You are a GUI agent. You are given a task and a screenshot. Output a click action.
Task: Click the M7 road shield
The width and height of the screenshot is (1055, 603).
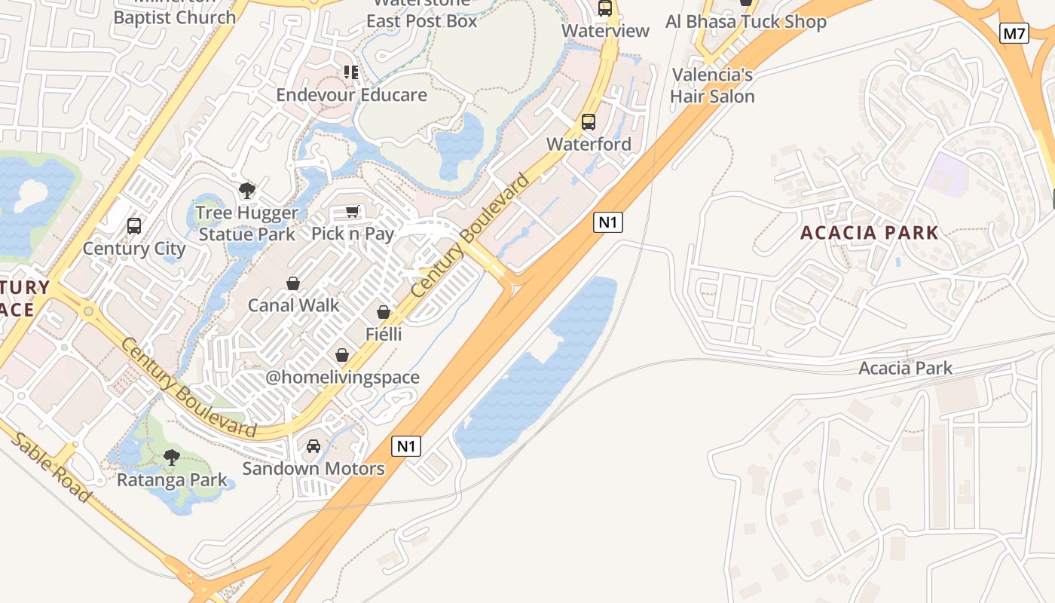1014,33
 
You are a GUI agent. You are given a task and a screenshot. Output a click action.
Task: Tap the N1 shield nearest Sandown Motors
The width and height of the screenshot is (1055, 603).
406,446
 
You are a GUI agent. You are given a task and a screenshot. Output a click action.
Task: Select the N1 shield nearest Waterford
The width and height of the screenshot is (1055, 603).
607,222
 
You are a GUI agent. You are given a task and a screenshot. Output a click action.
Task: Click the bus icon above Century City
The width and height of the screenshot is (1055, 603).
134,225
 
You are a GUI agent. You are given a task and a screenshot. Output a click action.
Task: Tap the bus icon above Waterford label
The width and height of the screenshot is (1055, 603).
589,121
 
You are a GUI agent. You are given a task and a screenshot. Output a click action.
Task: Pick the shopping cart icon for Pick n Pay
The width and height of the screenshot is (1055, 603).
352,211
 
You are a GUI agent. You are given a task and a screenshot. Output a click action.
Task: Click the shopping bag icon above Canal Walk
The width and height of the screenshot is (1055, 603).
293,283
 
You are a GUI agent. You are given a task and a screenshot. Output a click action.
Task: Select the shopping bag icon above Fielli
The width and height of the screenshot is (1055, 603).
384,312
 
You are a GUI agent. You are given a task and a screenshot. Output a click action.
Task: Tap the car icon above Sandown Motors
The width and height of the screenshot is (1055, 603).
313,446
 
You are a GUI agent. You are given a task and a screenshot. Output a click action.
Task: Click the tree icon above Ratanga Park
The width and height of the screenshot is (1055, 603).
172,457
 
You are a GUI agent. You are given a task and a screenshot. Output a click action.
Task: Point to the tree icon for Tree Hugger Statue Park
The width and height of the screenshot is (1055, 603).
247,190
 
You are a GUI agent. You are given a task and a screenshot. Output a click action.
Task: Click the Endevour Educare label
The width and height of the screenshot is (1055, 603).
351,95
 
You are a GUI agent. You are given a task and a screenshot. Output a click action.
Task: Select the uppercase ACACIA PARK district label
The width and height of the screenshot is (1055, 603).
869,233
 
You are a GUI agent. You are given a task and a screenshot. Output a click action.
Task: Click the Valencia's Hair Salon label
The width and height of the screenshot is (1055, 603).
712,86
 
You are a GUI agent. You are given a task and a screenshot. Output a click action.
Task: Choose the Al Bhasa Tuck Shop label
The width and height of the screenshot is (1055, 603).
745,22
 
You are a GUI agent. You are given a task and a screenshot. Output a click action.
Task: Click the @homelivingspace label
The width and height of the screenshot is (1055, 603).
342,378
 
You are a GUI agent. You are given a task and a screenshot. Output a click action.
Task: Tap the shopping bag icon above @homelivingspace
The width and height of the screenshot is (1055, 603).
342,355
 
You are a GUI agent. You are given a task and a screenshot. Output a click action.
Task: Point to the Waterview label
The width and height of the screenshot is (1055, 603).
606,31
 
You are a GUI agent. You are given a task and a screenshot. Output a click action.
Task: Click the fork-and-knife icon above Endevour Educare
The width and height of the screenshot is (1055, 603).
351,72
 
